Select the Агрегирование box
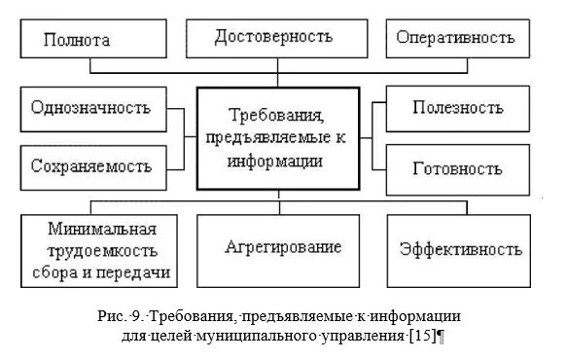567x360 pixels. coord(283,247)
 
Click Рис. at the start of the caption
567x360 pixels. coord(108,315)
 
